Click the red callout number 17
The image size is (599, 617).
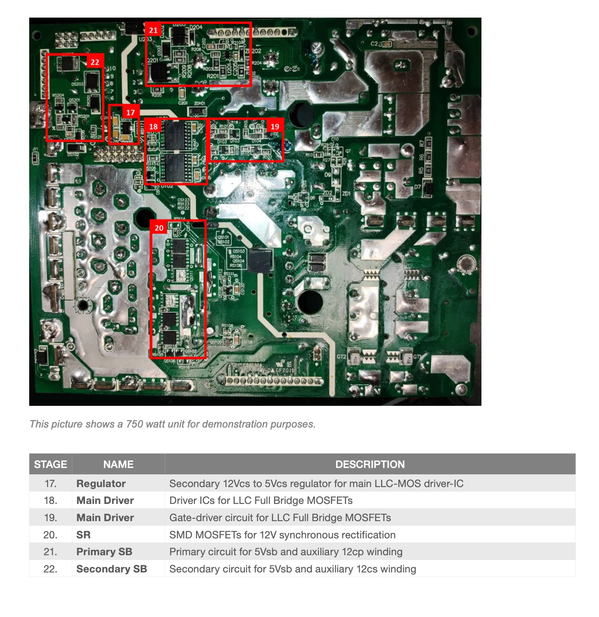point(130,112)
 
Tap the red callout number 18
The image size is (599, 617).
point(153,127)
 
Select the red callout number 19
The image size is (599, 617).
point(275,127)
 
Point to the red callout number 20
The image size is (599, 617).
point(159,228)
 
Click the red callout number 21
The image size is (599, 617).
point(153,30)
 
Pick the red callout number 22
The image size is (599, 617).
point(95,63)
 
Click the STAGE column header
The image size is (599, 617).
point(51,464)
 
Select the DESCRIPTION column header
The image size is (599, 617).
point(370,464)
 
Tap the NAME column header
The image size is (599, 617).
point(118,464)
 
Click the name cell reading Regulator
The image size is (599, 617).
point(101,483)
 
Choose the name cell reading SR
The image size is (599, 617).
point(83,535)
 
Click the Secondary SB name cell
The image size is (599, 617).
point(112,569)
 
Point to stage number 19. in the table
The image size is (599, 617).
point(51,517)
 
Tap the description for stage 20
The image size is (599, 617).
point(282,535)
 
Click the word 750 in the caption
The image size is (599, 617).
point(134,424)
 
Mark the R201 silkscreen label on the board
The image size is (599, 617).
point(213,76)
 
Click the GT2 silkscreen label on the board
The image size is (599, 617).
point(341,356)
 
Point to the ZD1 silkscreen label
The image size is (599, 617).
point(346,194)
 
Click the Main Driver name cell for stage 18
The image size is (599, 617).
point(105,500)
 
